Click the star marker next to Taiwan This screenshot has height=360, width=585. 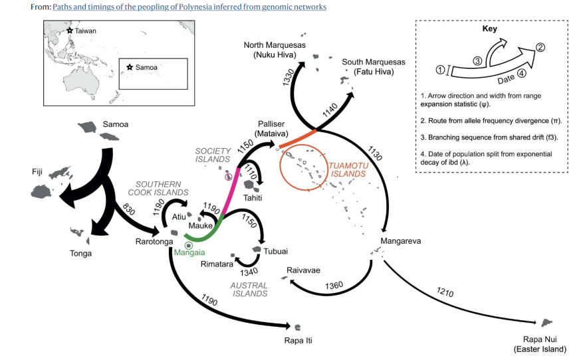click(69, 31)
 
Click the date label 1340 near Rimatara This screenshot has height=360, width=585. click(249, 271)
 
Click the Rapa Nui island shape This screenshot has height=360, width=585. click(548, 322)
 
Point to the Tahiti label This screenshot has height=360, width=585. click(252, 198)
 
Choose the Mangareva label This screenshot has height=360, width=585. click(401, 240)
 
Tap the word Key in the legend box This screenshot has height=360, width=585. click(490, 30)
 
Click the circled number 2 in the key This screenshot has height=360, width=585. click(540, 47)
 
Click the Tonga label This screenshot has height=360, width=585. click(81, 253)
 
